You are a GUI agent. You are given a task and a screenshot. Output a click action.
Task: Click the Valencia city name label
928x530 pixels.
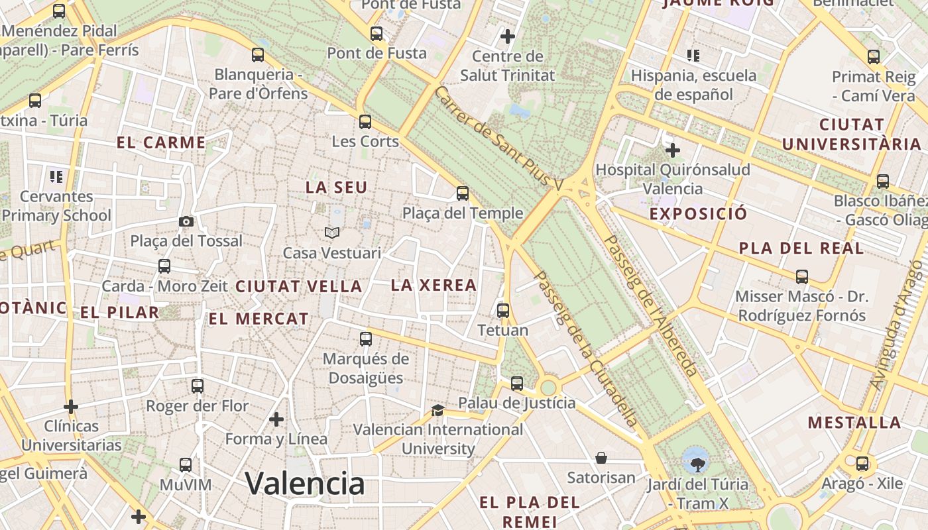tap(305, 483)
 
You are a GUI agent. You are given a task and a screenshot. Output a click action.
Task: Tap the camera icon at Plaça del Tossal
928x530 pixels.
tap(186, 221)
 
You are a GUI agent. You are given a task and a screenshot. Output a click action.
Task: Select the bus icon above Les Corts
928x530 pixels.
tap(365, 121)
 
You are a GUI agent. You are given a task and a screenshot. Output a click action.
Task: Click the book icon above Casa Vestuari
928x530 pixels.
tap(332, 233)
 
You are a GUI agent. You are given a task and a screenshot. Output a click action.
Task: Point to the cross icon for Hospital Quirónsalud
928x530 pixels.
tap(673, 150)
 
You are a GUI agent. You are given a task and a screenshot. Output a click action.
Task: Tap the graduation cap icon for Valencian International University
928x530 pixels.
tap(437, 410)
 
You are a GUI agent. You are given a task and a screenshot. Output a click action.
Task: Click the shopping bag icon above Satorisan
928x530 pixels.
tap(601, 458)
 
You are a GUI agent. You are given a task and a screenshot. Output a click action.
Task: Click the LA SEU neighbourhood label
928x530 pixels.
tap(336, 187)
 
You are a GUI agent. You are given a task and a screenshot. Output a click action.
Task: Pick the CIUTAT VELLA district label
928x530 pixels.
tap(298, 286)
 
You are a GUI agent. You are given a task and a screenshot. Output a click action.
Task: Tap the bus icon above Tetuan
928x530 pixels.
tap(503, 310)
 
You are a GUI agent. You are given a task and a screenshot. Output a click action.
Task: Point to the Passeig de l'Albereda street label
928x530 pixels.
tap(650, 306)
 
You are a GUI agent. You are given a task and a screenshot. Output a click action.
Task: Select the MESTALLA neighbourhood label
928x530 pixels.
tap(854, 422)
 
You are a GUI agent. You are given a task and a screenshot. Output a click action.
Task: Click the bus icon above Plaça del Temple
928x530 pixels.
tap(463, 193)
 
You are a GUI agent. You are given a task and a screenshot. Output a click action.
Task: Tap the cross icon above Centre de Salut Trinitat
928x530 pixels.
tap(508, 36)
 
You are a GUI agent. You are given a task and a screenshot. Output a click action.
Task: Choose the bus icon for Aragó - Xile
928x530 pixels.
tap(862, 464)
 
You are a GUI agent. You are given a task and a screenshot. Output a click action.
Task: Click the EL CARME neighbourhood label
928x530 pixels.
tap(161, 142)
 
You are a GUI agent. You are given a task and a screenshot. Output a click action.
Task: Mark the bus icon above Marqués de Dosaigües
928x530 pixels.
tap(365, 339)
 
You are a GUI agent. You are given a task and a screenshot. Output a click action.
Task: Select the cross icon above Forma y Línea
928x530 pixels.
tap(276, 419)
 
